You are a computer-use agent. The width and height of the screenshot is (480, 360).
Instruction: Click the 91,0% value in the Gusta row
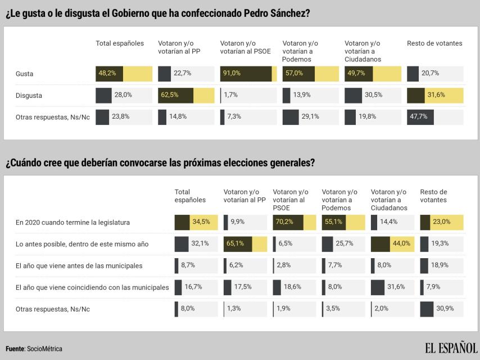pyautogui.click(x=232, y=73)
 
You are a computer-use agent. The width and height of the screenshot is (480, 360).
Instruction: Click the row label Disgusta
pyautogui.click(x=29, y=96)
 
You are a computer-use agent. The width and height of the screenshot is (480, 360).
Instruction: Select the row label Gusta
pyautogui.click(x=24, y=74)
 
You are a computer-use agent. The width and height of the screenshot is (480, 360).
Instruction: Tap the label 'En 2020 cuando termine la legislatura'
pyautogui.click(x=73, y=223)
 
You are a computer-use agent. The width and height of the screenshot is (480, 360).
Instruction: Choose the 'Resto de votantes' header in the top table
pyautogui.click(x=434, y=43)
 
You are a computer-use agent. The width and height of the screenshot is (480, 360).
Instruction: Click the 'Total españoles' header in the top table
pyautogui.click(x=120, y=43)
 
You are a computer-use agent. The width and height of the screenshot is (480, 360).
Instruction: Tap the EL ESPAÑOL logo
pyautogui.click(x=451, y=348)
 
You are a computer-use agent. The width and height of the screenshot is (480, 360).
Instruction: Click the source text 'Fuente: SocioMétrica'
pyautogui.click(x=34, y=349)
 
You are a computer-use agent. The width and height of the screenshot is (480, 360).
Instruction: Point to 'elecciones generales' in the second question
pyautogui.click(x=271, y=163)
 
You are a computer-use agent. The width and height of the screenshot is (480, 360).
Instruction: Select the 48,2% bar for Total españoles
pyautogui.click(x=124, y=73)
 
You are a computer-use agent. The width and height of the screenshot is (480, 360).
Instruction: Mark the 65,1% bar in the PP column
pyautogui.click(x=245, y=244)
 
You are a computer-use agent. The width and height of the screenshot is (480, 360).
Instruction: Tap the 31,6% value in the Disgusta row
pyautogui.click(x=436, y=95)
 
